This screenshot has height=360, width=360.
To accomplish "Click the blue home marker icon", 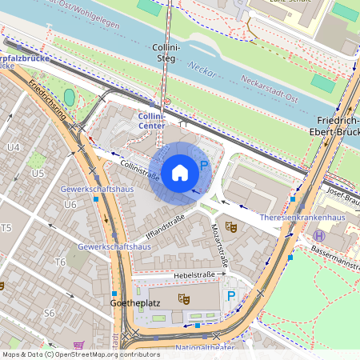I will pyautogui.click(x=180, y=172).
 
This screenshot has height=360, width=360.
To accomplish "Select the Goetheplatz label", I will pyautogui.click(x=132, y=305).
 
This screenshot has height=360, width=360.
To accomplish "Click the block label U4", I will pyautogui.click(x=14, y=147).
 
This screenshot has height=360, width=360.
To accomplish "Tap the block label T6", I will pyautogui.click(x=60, y=262).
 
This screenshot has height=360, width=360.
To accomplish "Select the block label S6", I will pyautogui.click(x=50, y=313).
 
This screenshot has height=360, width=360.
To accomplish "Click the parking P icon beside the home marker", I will pyautogui.click(x=204, y=166).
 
